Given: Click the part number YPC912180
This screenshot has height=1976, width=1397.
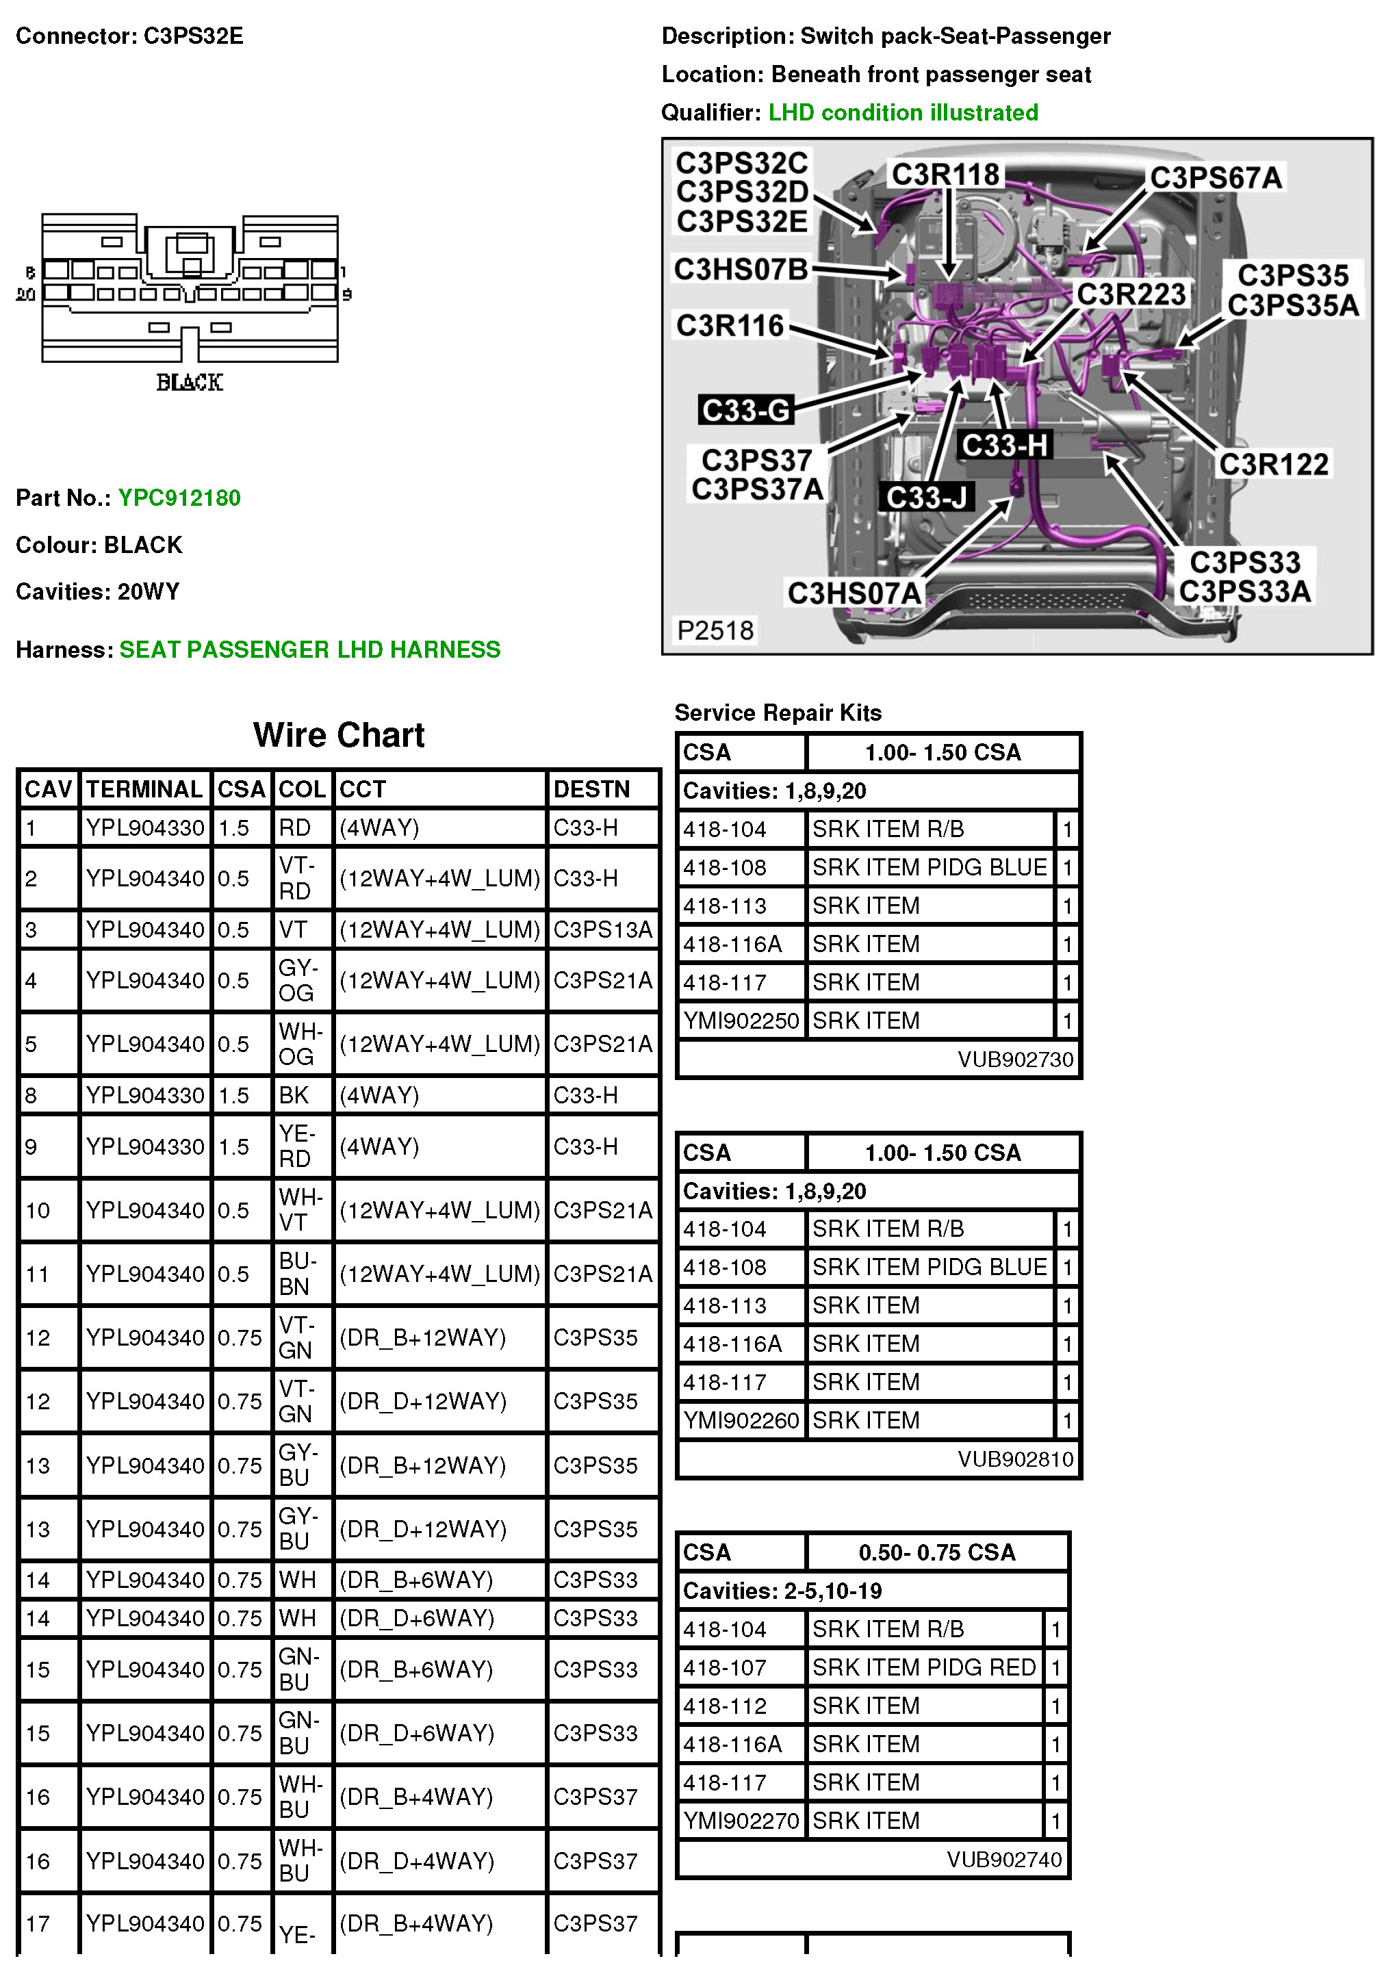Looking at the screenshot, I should click(179, 498).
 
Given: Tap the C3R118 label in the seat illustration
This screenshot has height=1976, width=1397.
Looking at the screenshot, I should click(945, 175).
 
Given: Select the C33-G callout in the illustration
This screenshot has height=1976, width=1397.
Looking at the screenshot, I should click(745, 410).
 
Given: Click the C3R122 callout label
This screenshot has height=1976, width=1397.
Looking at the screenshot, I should click(1273, 465).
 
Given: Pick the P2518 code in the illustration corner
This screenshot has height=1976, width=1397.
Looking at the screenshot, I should click(715, 631).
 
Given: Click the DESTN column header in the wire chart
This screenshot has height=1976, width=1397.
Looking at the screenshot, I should click(591, 789).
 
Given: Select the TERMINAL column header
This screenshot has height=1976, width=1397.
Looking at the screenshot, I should click(144, 789).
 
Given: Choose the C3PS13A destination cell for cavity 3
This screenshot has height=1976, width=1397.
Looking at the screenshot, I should click(602, 929).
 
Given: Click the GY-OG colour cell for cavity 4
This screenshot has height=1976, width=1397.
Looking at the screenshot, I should click(297, 980).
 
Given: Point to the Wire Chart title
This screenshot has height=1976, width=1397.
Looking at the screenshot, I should click(338, 735).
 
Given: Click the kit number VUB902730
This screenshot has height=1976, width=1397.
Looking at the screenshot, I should click(1016, 1059).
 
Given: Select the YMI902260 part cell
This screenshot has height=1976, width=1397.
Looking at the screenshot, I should click(741, 1420).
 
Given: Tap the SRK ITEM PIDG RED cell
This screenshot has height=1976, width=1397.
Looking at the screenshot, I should click(923, 1667).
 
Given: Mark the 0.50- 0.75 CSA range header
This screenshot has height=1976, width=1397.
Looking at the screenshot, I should click(936, 1552).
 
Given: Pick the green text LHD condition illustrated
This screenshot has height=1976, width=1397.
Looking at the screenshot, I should click(903, 113).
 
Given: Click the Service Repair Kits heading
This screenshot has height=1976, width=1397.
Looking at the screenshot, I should click(778, 713).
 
